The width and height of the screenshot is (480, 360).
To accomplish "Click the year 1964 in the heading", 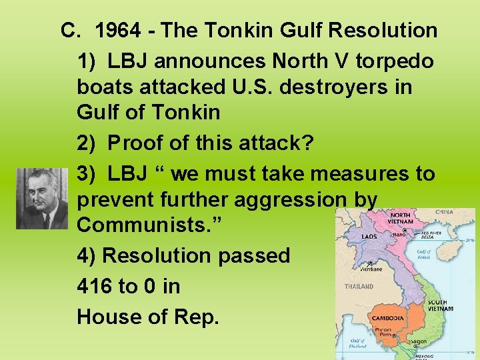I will (x=119, y=31).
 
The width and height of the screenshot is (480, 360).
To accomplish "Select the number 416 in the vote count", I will (x=95, y=286).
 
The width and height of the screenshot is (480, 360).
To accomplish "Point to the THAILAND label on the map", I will (x=359, y=287).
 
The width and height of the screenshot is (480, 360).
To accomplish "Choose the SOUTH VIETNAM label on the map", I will (x=441, y=306).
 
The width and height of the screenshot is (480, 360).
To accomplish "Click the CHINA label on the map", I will (x=444, y=213).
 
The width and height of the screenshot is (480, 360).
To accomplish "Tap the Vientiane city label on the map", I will (x=372, y=269).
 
